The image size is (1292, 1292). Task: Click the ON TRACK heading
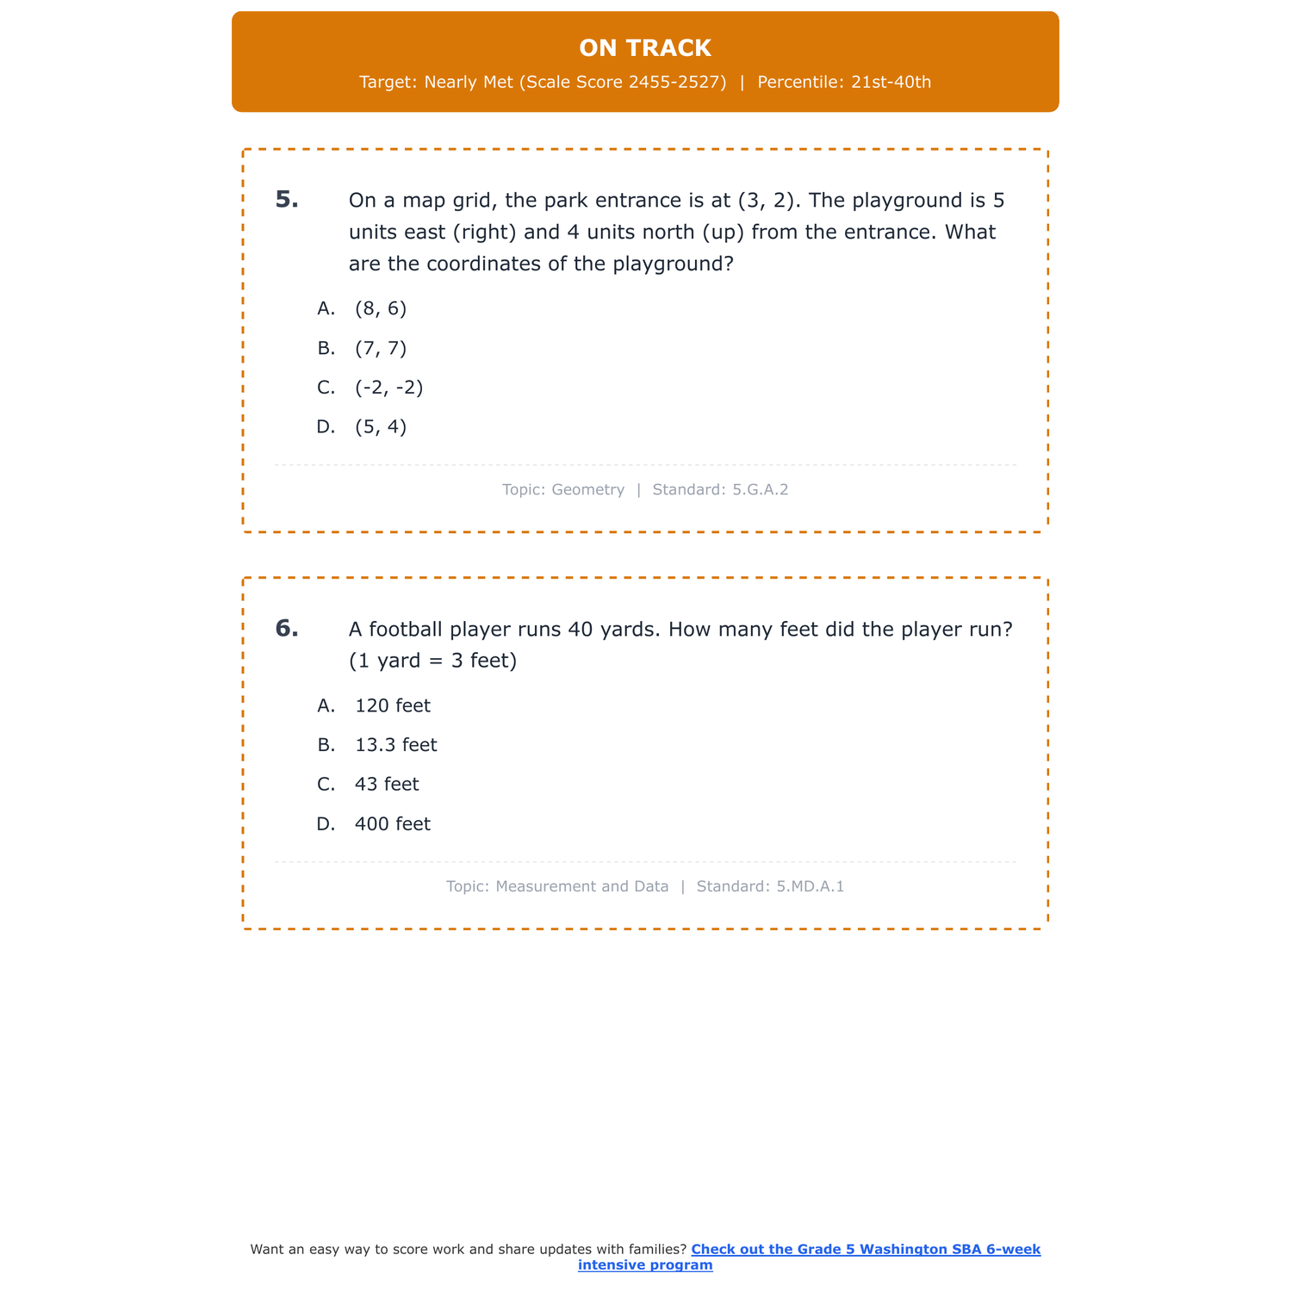645,48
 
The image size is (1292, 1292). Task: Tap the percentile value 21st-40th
891,83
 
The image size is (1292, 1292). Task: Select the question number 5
287,200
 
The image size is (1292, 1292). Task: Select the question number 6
287,629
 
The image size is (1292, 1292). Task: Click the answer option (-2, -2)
389,388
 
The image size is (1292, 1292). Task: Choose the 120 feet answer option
393,706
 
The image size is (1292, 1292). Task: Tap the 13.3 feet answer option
396,745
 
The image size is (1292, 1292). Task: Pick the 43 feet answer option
387,785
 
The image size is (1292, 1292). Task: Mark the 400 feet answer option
393,824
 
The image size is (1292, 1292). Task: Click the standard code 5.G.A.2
761,490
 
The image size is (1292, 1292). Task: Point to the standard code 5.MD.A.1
811,886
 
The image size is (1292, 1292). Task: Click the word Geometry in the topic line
588,490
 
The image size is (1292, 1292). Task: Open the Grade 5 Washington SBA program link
865,1250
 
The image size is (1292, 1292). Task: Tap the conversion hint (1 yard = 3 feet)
432,662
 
